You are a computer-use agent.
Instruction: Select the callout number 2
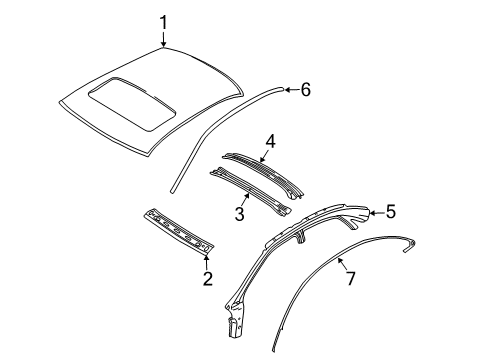(207, 279)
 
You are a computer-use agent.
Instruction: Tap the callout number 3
(240, 213)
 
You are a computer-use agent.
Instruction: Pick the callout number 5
(390, 211)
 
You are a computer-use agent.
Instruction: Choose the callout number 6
(305, 90)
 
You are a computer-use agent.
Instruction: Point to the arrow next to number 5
(375, 212)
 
